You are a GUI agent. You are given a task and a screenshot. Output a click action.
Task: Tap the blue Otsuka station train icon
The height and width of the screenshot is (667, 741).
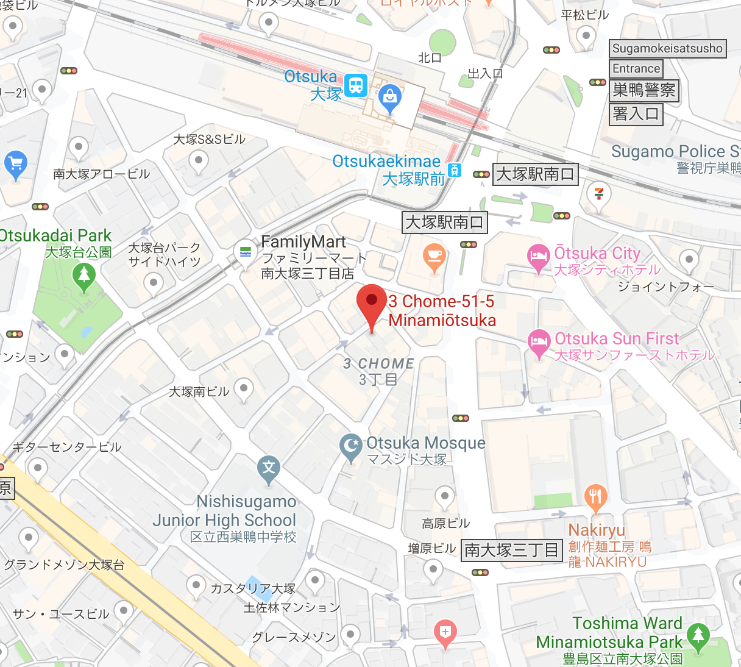coord(356,85)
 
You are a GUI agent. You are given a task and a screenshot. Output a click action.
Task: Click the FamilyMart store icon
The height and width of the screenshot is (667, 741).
coord(246,251)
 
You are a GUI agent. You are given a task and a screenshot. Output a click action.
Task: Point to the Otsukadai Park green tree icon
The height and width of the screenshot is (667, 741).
coord(84,276)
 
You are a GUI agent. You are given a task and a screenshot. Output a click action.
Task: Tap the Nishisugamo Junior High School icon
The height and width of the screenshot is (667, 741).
coord(269,469)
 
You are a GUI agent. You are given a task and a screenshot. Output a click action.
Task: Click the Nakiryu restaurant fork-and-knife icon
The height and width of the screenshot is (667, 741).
coord(595,498)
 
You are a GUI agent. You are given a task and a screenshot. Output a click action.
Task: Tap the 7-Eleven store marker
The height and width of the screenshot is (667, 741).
coord(599,194)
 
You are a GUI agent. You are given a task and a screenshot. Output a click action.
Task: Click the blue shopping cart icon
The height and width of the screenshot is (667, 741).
coord(15,163)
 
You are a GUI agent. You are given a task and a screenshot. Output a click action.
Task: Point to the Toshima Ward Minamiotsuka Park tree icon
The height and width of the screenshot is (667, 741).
coord(698,635)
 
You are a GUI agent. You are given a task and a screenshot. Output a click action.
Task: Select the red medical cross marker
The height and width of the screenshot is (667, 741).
coord(445,632)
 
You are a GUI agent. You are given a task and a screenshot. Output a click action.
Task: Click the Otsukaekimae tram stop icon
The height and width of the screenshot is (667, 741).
coord(455,170)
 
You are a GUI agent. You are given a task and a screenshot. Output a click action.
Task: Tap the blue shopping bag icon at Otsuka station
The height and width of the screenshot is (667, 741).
coord(389,97)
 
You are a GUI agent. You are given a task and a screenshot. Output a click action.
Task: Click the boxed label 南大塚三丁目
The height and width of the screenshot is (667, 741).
coord(511,550)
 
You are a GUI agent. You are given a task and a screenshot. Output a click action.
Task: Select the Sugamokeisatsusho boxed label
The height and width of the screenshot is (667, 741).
coord(667,49)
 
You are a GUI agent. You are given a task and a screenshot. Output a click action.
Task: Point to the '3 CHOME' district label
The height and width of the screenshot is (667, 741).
coord(378,364)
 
